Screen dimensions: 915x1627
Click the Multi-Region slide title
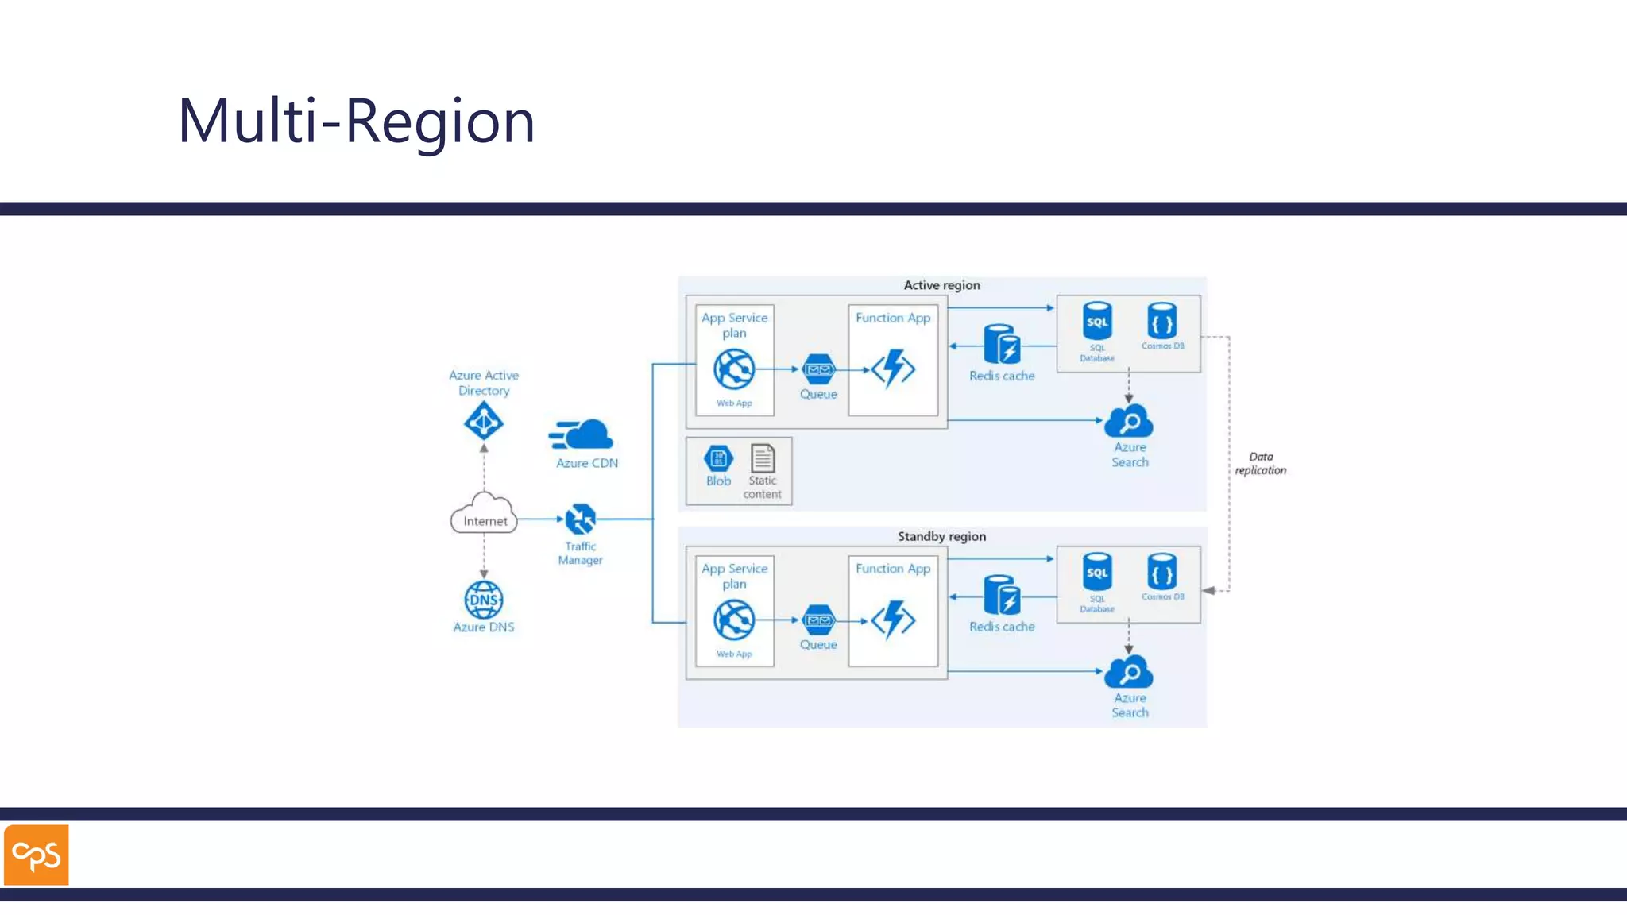coord(356,121)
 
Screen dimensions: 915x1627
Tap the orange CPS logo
coord(37,855)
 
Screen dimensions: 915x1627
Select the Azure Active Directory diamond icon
coord(484,421)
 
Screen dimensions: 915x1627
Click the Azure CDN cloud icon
coord(583,434)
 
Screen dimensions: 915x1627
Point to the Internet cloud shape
coord(484,514)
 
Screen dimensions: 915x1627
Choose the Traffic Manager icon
coord(581,519)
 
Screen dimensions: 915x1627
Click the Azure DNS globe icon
coord(484,600)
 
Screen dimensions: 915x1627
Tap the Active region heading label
coord(941,285)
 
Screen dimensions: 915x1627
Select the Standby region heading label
coord(941,536)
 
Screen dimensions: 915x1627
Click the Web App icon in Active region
coord(734,369)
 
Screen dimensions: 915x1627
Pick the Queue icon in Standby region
coord(818,620)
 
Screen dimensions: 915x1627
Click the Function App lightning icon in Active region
coord(894,369)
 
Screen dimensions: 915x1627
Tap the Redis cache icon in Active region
coord(1002,345)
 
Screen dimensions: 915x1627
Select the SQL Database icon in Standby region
coord(1097,573)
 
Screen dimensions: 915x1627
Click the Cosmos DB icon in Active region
coord(1161,321)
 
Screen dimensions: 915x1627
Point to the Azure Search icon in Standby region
coord(1129,672)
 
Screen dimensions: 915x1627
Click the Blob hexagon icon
coord(718,458)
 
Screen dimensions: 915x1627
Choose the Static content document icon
coord(763,458)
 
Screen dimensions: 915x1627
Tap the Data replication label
coord(1261,463)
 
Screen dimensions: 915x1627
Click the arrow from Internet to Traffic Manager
coord(540,519)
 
